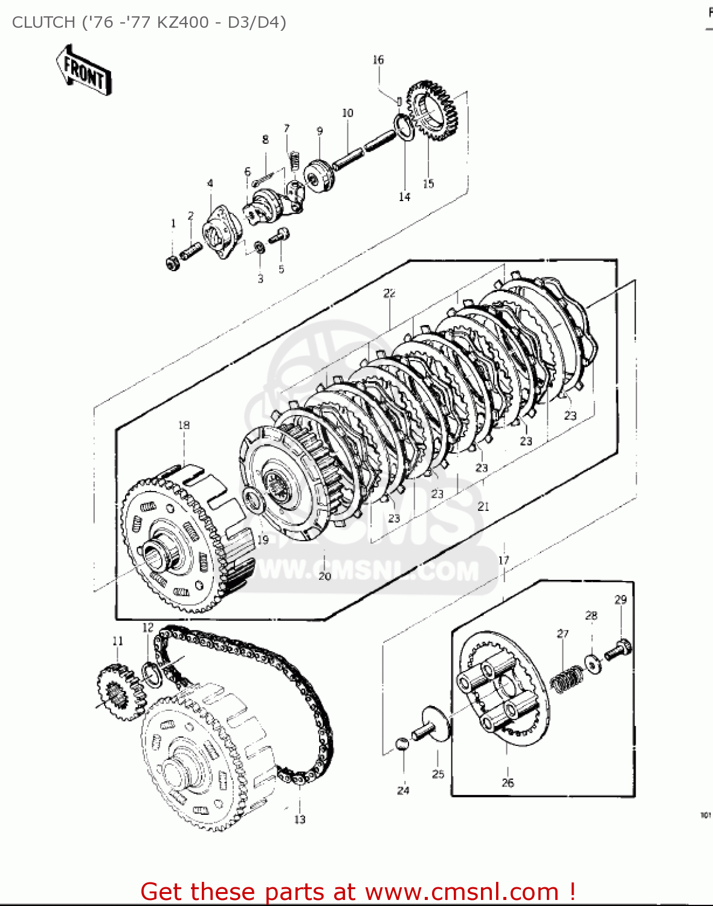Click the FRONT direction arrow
[83, 71]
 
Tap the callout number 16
[378, 60]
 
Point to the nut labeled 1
[173, 262]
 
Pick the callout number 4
[210, 183]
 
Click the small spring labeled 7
[294, 161]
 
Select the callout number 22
[389, 293]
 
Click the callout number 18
[184, 425]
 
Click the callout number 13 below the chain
[300, 820]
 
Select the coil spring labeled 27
[566, 679]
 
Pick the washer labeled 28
[593, 663]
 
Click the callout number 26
[508, 783]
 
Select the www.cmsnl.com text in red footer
[462, 892]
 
